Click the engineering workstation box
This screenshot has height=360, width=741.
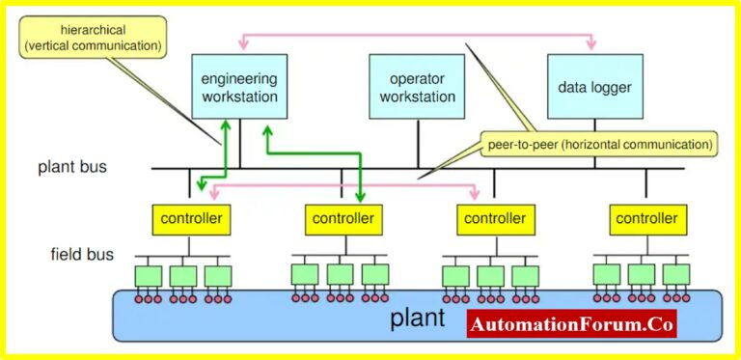click(x=239, y=88)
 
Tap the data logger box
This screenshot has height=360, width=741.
click(x=594, y=88)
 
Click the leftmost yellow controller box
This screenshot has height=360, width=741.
click(x=190, y=219)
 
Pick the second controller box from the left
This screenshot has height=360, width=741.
click(x=343, y=219)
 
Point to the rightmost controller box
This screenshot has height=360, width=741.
click(x=647, y=219)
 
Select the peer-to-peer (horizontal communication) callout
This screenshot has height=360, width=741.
click(x=598, y=145)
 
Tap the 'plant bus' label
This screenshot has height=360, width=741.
click(x=72, y=167)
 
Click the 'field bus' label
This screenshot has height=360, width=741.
click(x=82, y=255)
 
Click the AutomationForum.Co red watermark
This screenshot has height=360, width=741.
click(x=572, y=324)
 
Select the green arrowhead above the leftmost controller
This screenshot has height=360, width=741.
click(x=201, y=185)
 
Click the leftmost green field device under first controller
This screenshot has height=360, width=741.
click(x=149, y=275)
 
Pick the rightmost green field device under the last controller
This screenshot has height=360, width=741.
click(x=676, y=274)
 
